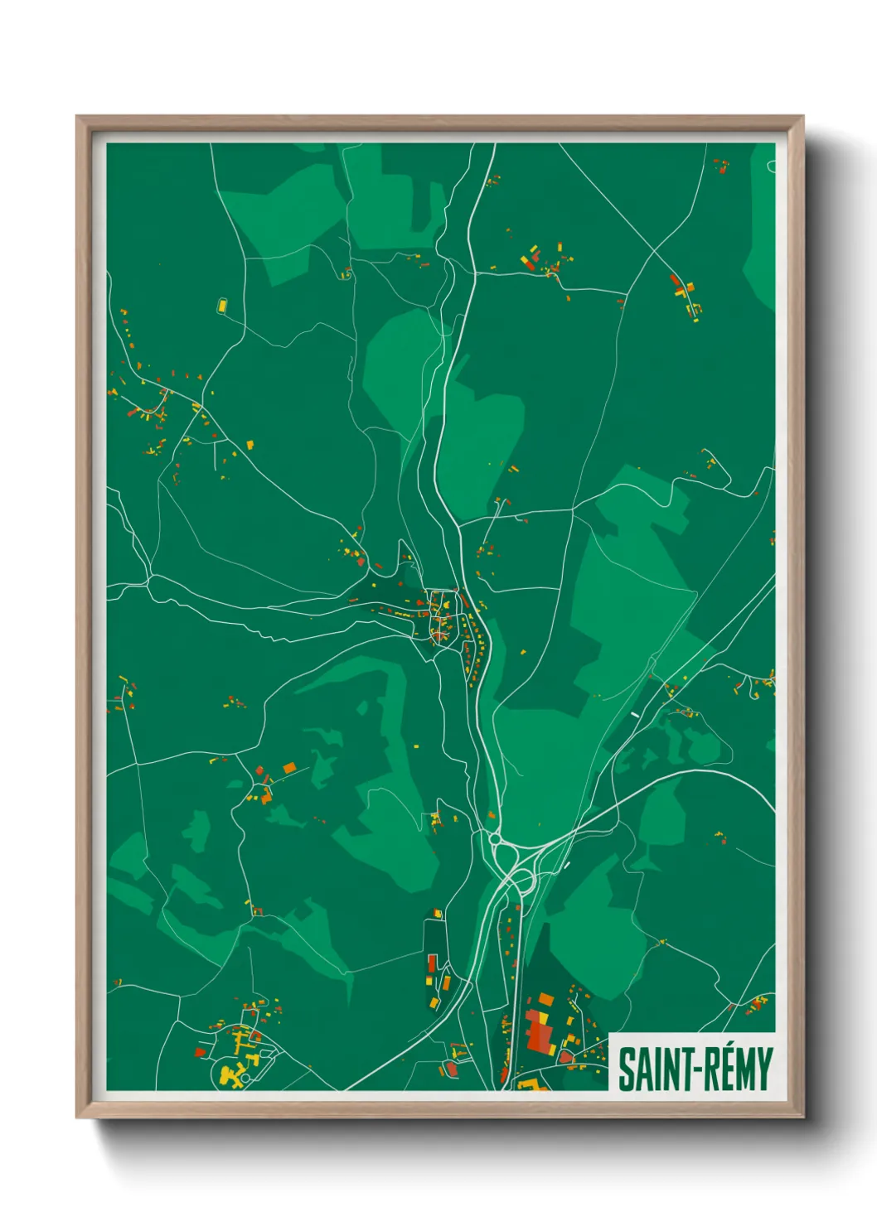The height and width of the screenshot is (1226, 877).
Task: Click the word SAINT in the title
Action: tap(645, 1069)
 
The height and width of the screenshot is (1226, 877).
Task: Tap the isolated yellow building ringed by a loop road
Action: tap(222, 306)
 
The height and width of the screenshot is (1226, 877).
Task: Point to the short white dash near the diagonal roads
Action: tap(635, 713)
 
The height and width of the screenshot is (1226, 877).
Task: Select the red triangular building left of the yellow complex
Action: tap(200, 1052)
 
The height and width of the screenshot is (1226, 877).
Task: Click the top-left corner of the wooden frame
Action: tap(78, 118)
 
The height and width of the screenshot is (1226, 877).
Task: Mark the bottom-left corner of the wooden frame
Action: tap(78, 1116)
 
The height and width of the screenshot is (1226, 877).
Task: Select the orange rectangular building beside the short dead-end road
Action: tap(289, 769)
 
